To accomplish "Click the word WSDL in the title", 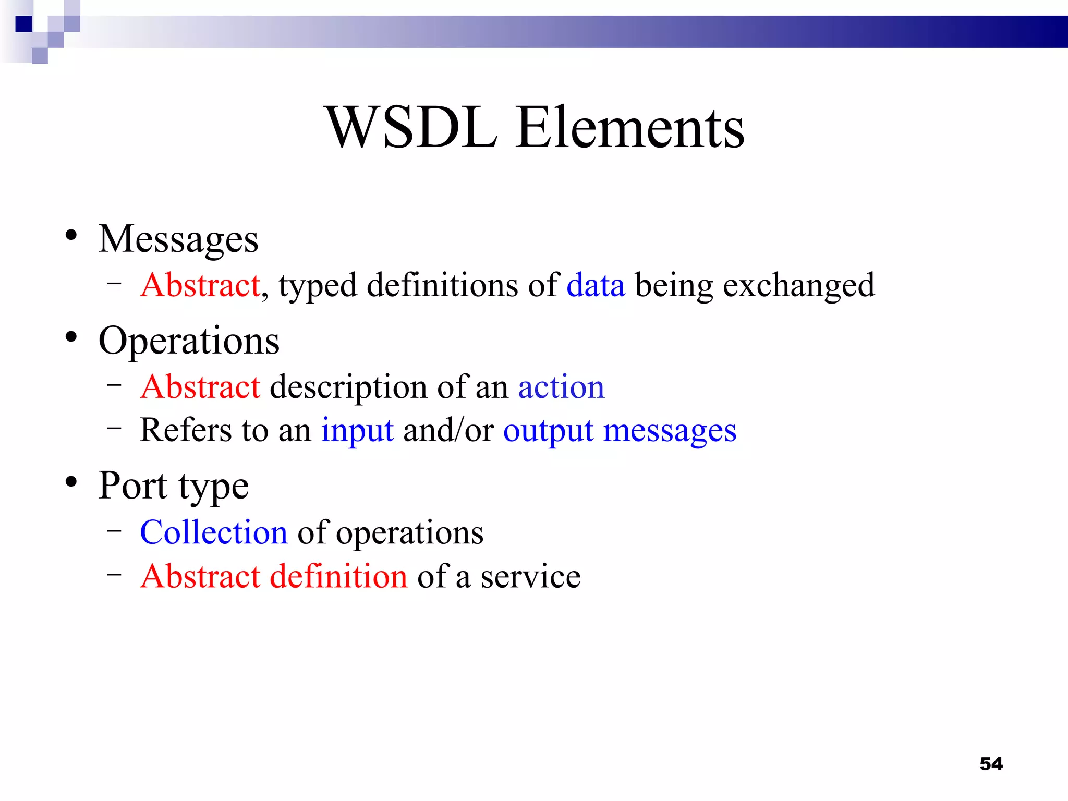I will [x=411, y=128].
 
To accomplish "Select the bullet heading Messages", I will [x=178, y=240].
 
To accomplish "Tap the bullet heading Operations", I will [x=189, y=342].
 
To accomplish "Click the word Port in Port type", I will [x=133, y=486].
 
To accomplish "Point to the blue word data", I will [x=596, y=286].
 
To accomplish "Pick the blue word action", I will [x=561, y=387].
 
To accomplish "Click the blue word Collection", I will [x=214, y=533].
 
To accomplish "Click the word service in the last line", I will [x=530, y=577].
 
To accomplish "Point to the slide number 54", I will [x=991, y=764].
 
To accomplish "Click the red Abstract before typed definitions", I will [x=200, y=286].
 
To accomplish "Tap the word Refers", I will [x=186, y=431].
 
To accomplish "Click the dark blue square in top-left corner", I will [x=24, y=24].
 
